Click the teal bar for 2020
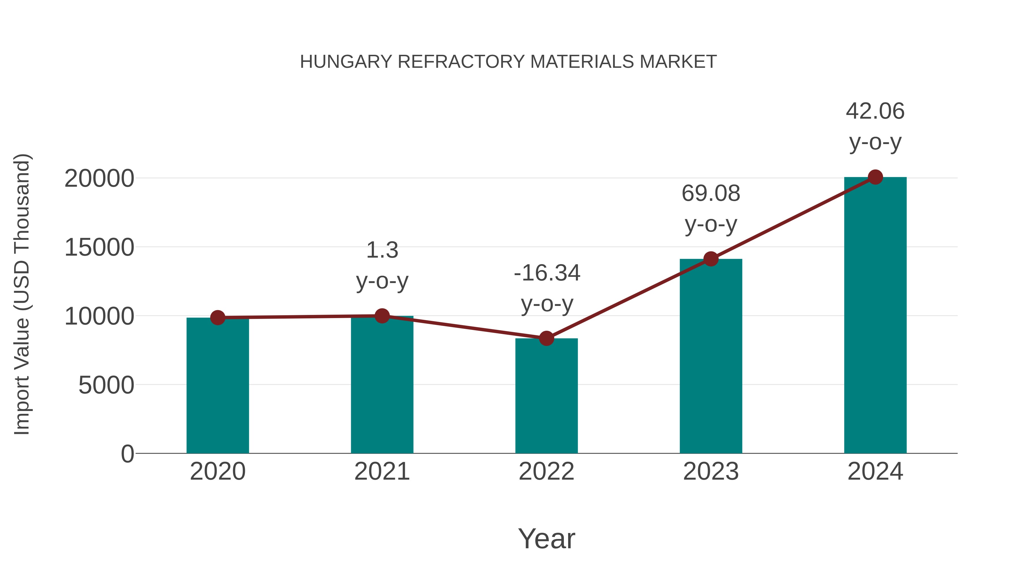pos(218,387)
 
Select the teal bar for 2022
pos(546,397)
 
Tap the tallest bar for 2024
pos(875,316)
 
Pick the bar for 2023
pos(711,357)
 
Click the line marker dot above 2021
pos(382,316)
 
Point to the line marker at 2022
pos(546,338)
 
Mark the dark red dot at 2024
pos(875,177)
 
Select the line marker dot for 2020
pos(218,317)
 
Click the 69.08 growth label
pos(711,194)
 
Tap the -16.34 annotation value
pos(547,273)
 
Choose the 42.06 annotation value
pos(875,111)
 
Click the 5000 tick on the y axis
pos(106,385)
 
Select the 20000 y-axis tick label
pos(99,179)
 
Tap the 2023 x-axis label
pos(711,471)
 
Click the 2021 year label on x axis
pos(382,471)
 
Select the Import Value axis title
pos(22,294)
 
